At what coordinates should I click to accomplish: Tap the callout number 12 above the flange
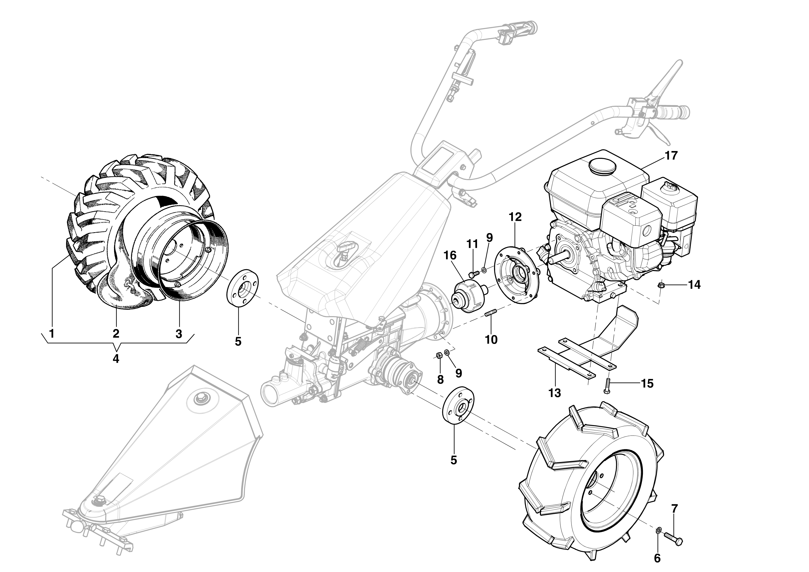[515, 217]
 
